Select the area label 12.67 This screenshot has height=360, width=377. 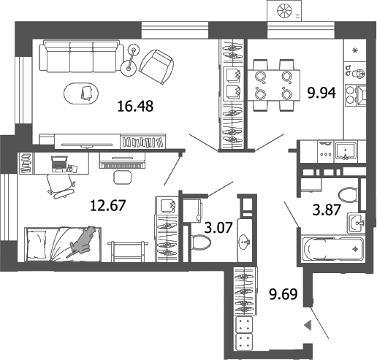pyautogui.click(x=107, y=204)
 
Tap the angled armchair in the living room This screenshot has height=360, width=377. pyautogui.click(x=156, y=64)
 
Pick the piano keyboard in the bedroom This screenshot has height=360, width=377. pyautogui.click(x=127, y=163)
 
